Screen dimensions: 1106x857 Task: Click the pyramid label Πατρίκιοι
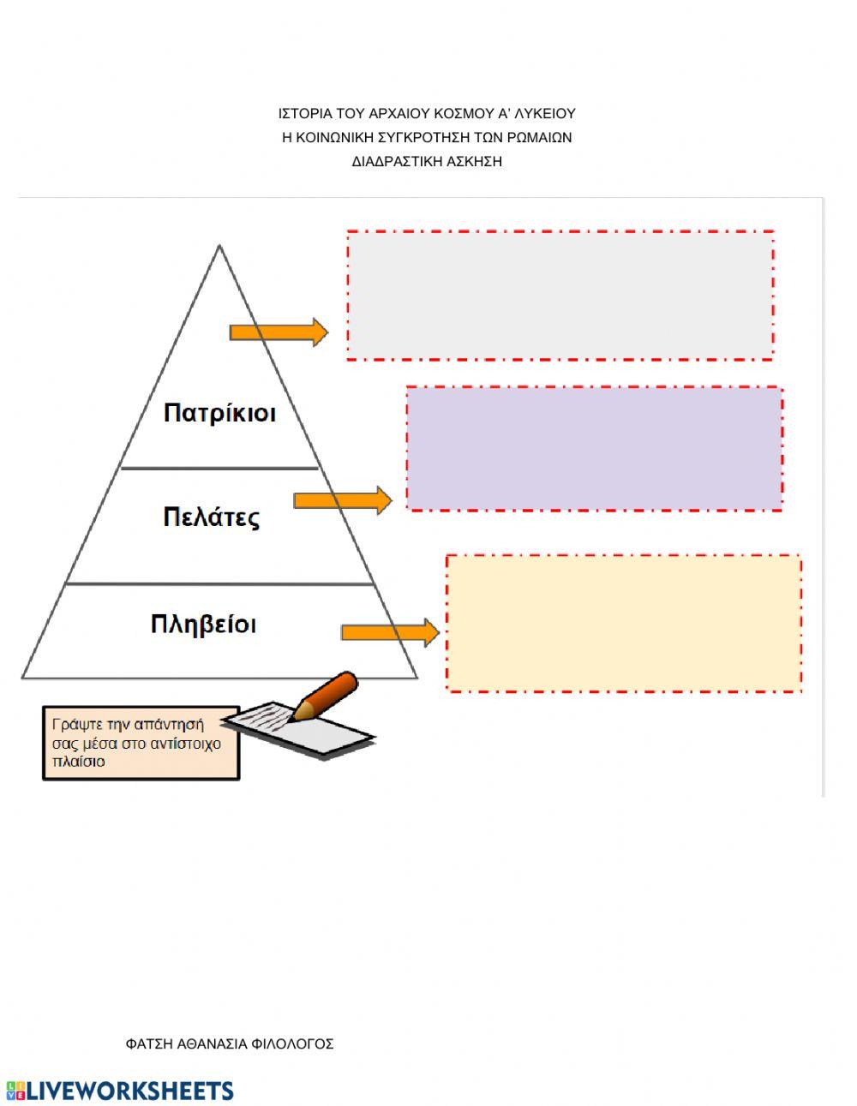[x=219, y=413]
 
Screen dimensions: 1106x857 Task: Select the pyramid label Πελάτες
[x=211, y=517]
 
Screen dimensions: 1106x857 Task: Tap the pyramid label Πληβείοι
[x=203, y=624]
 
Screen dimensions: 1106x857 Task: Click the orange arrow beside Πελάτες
[x=342, y=500]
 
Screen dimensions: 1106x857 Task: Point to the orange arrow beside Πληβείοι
[x=390, y=633]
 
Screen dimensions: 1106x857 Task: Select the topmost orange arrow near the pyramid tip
[x=279, y=332]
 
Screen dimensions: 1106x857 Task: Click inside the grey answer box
[x=560, y=295]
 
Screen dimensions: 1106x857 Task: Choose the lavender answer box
[x=594, y=449]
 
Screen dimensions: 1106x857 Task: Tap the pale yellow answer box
[x=624, y=623]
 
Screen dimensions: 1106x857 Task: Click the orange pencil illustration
[x=326, y=694]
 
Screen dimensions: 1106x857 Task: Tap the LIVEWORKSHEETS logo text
[x=129, y=1091]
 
